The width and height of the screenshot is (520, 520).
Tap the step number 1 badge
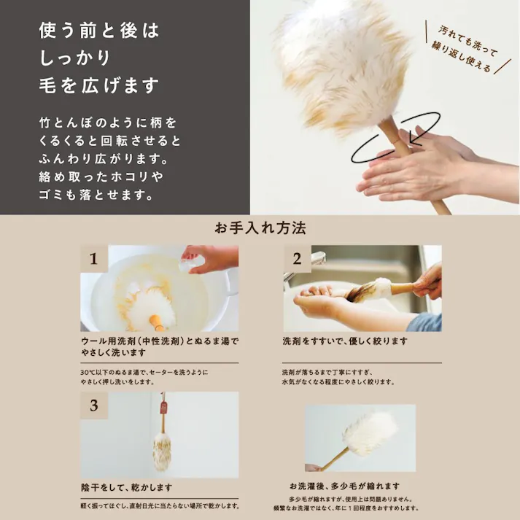93,258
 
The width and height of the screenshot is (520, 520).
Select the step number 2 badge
297,258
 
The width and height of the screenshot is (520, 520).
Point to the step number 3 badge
93,405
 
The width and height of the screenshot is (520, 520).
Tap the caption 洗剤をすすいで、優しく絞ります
345,341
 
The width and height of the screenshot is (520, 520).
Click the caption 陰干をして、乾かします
127,487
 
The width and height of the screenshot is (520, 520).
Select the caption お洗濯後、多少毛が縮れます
344,486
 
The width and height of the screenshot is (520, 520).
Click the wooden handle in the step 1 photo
157,320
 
